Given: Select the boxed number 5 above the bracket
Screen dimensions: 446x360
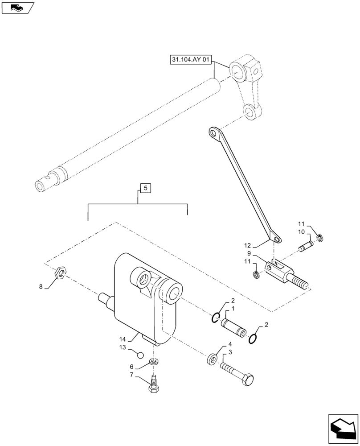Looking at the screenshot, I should tap(146, 188).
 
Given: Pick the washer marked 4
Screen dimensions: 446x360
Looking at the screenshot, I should tap(212, 359).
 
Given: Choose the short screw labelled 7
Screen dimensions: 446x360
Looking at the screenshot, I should tap(154, 384).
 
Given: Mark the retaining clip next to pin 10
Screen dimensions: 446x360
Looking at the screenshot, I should tap(320, 237).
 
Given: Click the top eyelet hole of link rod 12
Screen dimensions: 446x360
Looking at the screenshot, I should tap(214, 133).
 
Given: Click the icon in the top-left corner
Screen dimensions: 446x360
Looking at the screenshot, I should tap(18, 8).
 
